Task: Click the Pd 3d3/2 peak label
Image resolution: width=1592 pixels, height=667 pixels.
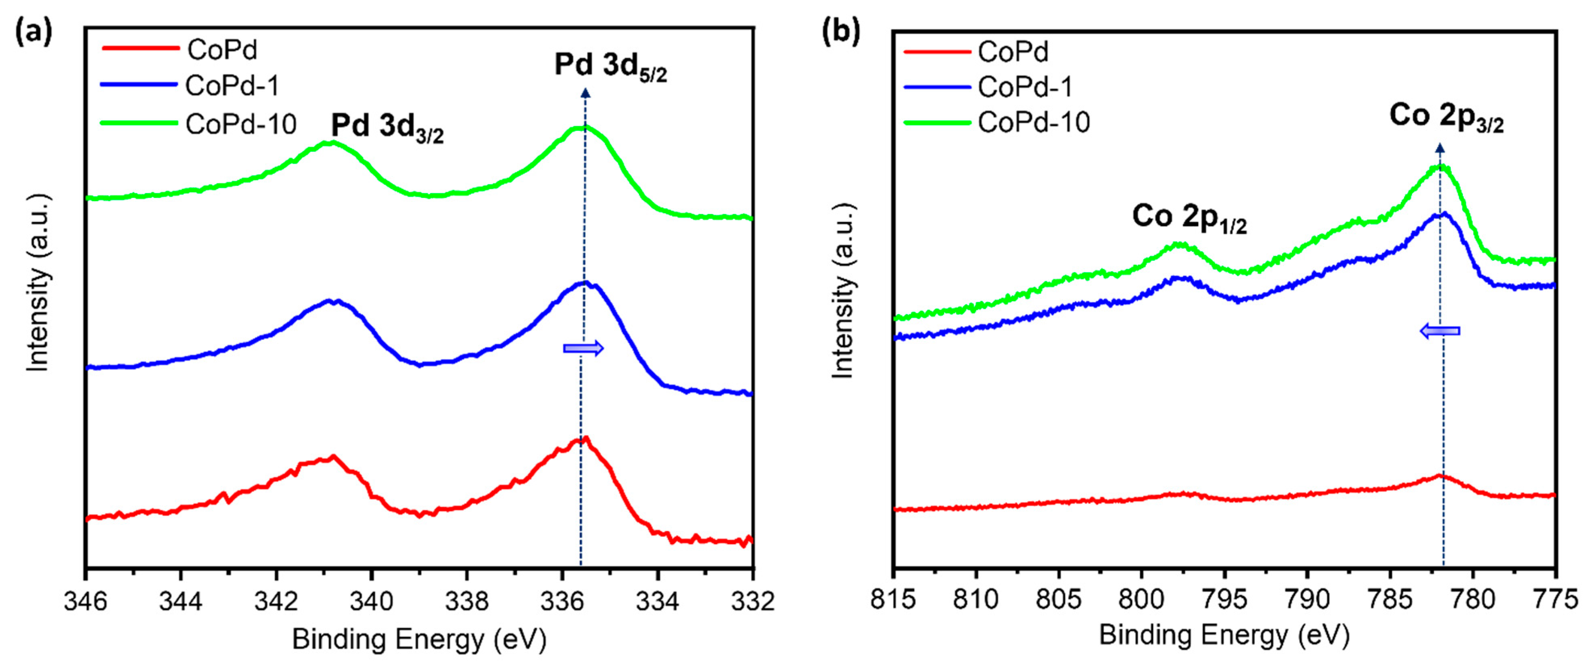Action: click(x=387, y=127)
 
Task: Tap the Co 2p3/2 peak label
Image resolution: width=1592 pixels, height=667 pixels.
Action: click(x=1446, y=117)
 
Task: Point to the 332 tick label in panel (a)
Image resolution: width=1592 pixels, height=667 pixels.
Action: click(x=752, y=601)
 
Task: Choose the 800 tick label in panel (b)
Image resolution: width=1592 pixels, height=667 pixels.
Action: click(x=1141, y=599)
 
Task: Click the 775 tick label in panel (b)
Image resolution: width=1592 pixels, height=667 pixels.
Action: click(x=1555, y=599)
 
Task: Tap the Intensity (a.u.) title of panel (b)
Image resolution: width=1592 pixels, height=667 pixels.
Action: click(x=843, y=290)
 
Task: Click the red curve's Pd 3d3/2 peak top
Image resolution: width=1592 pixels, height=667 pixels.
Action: click(x=334, y=457)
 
